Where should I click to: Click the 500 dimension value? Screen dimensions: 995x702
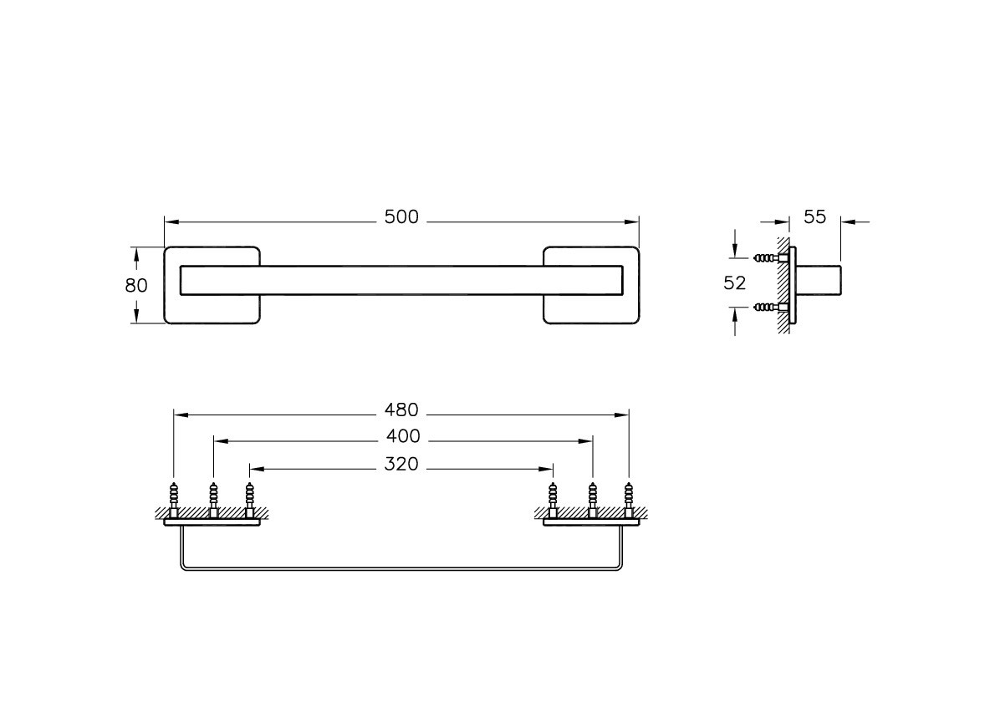(401, 217)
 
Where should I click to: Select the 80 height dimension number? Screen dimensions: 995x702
(136, 285)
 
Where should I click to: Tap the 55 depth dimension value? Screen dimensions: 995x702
(814, 217)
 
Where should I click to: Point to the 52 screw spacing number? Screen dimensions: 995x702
(735, 282)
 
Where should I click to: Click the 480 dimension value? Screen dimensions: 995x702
(401, 410)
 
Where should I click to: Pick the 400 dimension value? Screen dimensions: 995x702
(403, 436)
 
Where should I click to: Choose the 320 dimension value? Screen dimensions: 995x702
(401, 464)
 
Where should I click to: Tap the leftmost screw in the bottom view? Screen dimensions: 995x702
(174, 501)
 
